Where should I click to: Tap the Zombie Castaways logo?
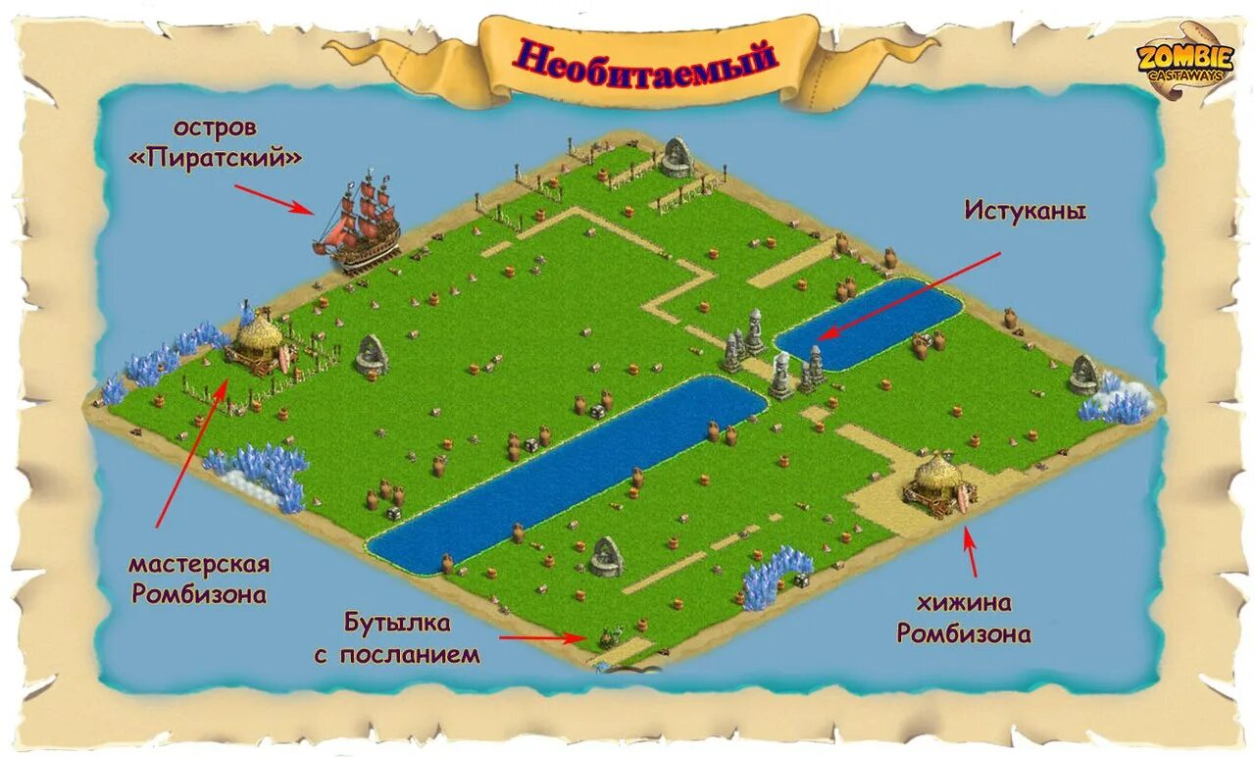pyautogui.click(x=1183, y=61)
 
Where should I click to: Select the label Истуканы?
pyautogui.click(x=1025, y=210)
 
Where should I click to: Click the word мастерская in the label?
pyautogui.click(x=199, y=565)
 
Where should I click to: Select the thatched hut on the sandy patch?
pyautogui.click(x=939, y=482)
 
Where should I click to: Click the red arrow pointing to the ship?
pyautogui.click(x=274, y=198)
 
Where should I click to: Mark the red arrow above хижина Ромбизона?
pyautogui.click(x=971, y=551)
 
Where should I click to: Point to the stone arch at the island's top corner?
pyautogui.click(x=676, y=157)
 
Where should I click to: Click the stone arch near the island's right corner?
pyautogui.click(x=1084, y=375)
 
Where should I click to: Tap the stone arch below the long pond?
pyautogui.click(x=606, y=556)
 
